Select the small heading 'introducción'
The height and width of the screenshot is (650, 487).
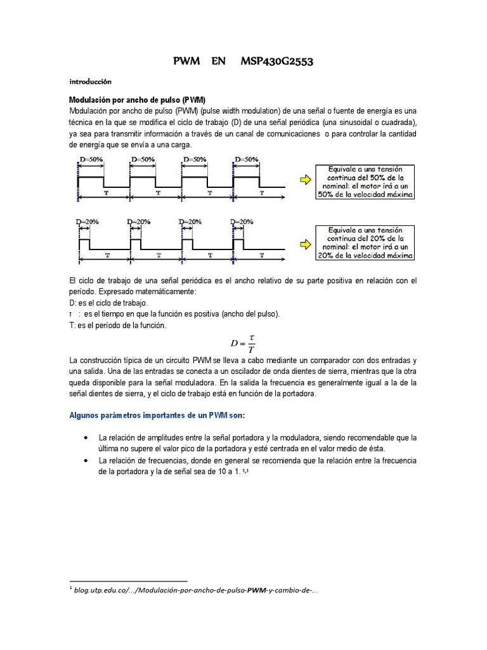(x=90, y=82)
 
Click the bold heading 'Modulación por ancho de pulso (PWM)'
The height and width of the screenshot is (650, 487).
(x=137, y=100)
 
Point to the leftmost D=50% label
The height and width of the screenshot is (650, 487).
(x=90, y=159)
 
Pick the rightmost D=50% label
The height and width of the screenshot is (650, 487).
(x=247, y=159)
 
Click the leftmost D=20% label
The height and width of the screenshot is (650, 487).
(x=87, y=222)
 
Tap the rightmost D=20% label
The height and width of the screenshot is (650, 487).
(x=242, y=222)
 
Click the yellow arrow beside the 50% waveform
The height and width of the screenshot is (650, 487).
(x=306, y=180)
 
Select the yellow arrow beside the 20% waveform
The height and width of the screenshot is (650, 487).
(x=306, y=242)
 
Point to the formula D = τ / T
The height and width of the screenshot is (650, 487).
(x=243, y=343)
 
